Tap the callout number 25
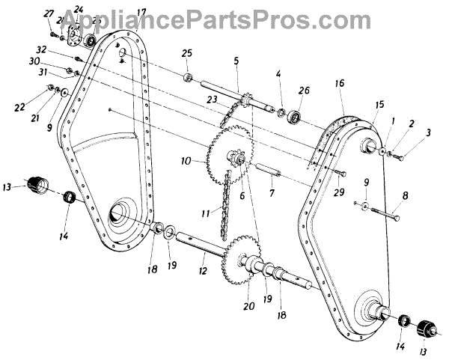[x=187, y=54]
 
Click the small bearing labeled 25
[x=187, y=77]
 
